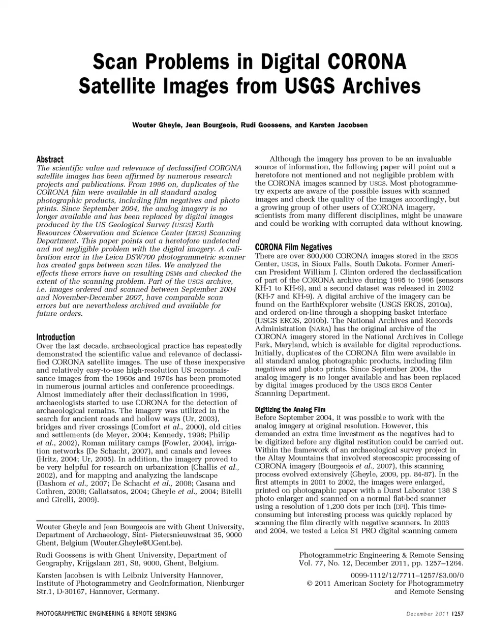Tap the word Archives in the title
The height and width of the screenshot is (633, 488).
pos(379,86)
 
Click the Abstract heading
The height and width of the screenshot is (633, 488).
pos(50,159)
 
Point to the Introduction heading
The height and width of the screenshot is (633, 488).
pos(55,337)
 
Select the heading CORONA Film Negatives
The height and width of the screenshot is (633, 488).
pos(293,247)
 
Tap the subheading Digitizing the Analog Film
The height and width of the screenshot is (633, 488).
pos(290,409)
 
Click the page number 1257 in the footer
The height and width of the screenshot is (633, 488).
pos(458,614)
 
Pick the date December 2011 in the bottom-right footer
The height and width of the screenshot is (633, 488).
pos(426,614)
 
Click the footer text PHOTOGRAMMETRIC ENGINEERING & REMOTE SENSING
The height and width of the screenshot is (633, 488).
pos(106,614)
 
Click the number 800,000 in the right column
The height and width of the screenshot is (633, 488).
pos(317,256)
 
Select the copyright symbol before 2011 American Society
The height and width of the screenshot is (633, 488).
pos(310,583)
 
